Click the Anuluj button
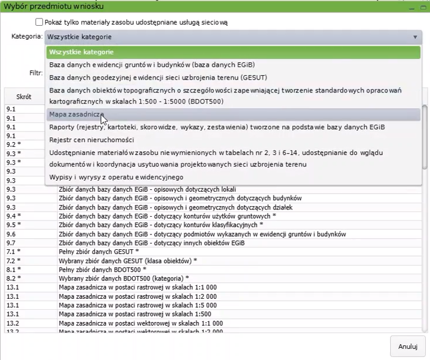coord(407,347)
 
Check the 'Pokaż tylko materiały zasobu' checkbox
coord(39,22)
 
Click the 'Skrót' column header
coord(24,97)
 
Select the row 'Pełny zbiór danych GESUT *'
coord(99,252)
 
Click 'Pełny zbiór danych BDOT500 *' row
coord(102,269)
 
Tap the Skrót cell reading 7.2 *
coord(13,261)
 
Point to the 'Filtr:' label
coord(35,73)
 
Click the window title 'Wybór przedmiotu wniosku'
coord(55,6)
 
